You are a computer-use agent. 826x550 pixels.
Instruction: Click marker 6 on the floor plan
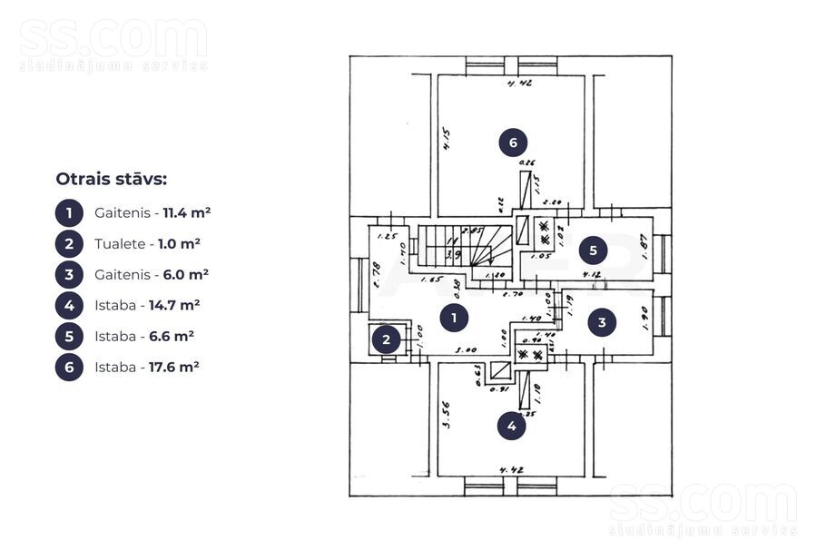click(513, 142)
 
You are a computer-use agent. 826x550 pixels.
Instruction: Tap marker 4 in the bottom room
click(512, 425)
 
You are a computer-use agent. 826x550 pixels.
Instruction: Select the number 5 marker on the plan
click(593, 249)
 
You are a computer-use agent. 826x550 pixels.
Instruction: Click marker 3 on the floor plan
click(602, 322)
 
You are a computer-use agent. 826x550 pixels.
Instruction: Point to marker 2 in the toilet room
click(387, 340)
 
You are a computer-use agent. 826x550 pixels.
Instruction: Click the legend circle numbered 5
click(69, 336)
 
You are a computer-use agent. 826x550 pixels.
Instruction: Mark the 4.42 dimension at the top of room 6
click(517, 83)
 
